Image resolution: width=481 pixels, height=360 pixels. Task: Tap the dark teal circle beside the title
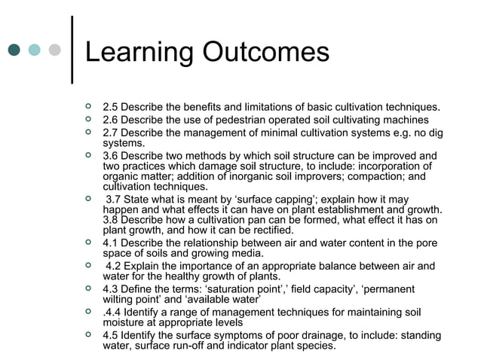14,50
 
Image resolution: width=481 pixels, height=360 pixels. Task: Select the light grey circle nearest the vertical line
54,50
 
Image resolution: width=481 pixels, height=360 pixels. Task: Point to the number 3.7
115,199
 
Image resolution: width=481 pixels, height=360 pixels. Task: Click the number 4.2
115,265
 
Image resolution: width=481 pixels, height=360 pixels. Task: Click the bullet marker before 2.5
90,106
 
